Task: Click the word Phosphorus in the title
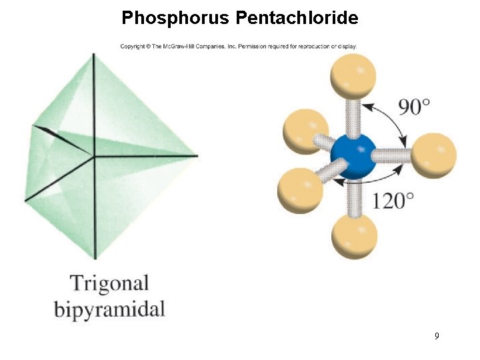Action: [175, 18]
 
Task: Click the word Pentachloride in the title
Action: [297, 18]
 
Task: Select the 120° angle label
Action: [393, 200]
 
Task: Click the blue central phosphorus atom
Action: [353, 157]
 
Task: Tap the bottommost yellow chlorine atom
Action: [355, 236]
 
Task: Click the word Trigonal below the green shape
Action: [109, 283]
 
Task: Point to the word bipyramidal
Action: [109, 309]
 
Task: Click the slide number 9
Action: [437, 336]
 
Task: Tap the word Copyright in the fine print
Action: [132, 47]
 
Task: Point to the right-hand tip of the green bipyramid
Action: [198, 156]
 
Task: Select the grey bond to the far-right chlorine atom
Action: [393, 155]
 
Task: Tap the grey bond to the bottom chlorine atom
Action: [353, 197]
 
